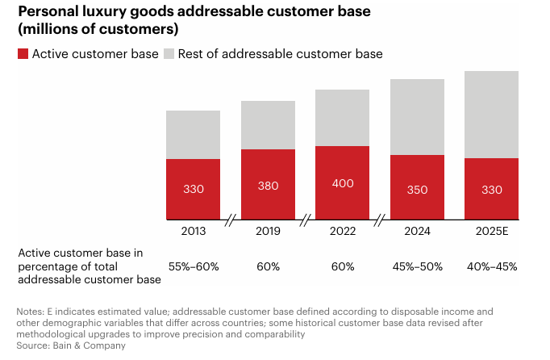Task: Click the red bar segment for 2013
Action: coord(193,189)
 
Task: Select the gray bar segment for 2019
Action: coord(268,125)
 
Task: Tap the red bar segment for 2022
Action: coord(342,182)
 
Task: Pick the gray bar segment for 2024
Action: coord(417,117)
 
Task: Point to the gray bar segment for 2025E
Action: coord(491,115)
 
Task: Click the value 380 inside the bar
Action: coord(268,186)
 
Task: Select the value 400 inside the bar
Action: coord(342,183)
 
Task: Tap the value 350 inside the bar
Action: coord(417,190)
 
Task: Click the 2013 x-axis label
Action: coord(193,232)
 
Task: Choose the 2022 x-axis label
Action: coord(342,232)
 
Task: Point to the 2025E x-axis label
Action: coord(491,232)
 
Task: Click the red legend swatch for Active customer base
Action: coord(23,53)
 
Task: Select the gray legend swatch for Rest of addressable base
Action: coord(169,53)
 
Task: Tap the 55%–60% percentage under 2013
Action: coord(193,266)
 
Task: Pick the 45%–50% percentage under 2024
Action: coord(417,266)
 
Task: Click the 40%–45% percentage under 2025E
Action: coord(491,266)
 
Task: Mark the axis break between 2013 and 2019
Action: coord(231,220)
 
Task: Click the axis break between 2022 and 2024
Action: coord(380,220)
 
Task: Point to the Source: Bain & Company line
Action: coord(72,345)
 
